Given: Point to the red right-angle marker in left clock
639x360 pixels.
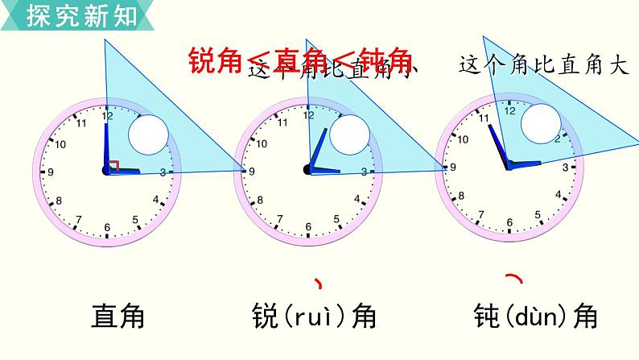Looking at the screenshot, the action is (x=113, y=165).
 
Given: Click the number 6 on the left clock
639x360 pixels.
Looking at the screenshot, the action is (x=106, y=229).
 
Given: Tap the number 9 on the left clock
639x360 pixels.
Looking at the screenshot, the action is (x=51, y=172).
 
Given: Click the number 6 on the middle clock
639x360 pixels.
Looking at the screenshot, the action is (x=307, y=229).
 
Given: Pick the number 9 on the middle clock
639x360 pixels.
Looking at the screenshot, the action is (x=252, y=171).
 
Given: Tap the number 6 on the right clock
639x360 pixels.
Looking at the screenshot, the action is (x=509, y=224).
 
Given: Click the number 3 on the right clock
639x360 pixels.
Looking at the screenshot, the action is (x=566, y=167).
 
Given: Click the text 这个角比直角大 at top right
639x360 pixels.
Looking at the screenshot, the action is (x=542, y=65).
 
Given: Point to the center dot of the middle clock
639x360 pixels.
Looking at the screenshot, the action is (x=307, y=169).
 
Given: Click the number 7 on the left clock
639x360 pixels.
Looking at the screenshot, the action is (x=78, y=219).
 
